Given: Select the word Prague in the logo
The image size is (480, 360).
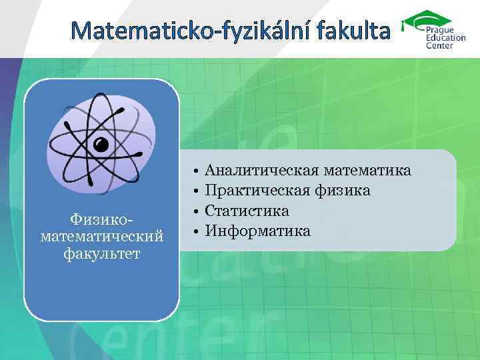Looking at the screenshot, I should (439, 30).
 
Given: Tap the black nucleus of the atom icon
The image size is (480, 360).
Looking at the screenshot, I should (101, 143).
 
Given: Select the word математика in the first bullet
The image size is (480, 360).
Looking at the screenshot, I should (369, 171).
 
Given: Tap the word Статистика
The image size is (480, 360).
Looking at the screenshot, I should (247, 211).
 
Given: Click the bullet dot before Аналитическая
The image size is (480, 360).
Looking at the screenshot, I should (196, 172).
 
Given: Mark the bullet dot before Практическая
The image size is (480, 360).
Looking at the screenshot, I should (196, 192).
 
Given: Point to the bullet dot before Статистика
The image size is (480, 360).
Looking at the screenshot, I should (196, 212).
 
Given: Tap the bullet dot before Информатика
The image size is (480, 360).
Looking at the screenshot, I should (196, 232).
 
